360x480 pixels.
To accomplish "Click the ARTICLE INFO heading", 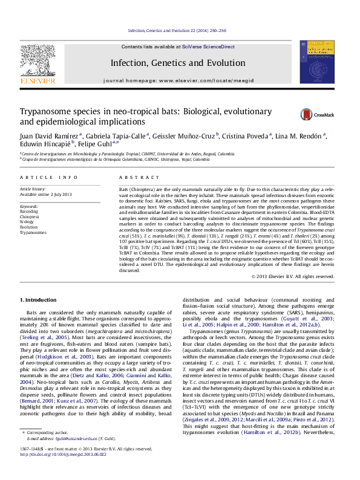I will tap(48, 177).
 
